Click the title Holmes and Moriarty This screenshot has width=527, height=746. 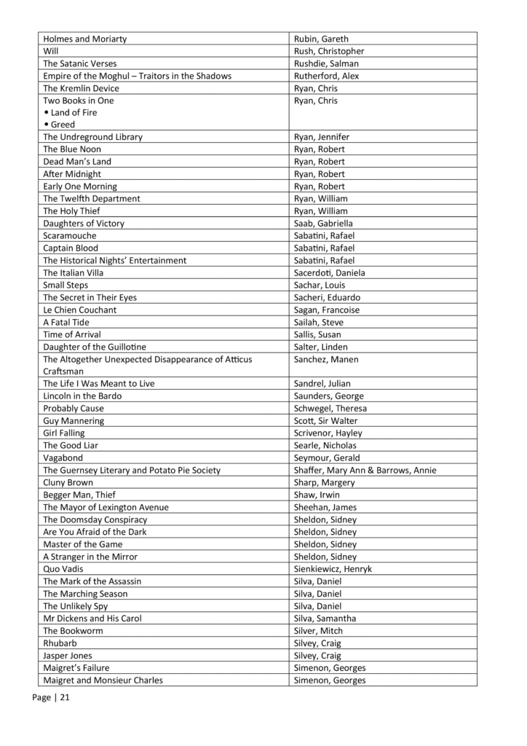(x=90, y=39)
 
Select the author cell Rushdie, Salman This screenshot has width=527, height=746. (x=321, y=63)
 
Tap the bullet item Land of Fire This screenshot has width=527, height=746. (x=74, y=112)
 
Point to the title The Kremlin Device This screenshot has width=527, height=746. (x=81, y=88)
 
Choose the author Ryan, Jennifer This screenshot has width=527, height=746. (x=322, y=137)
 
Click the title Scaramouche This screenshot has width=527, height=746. (x=70, y=235)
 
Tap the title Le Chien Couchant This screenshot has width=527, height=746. (x=79, y=310)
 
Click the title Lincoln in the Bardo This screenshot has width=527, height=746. (x=82, y=396)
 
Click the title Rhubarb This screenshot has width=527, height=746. (x=60, y=643)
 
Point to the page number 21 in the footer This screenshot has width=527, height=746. (x=65, y=697)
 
